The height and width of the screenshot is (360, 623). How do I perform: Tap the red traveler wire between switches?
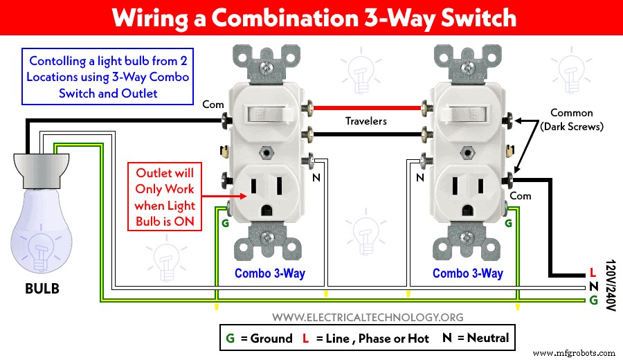point(367,108)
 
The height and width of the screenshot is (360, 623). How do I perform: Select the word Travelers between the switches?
point(366,121)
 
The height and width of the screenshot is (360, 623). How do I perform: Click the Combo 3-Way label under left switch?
point(269,273)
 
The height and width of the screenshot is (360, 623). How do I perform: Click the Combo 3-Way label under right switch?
point(467,273)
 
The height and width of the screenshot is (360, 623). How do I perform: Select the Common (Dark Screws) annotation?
point(571,119)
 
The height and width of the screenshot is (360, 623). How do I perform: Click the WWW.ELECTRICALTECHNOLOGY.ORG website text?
point(368,317)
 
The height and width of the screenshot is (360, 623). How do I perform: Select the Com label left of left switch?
point(212,105)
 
